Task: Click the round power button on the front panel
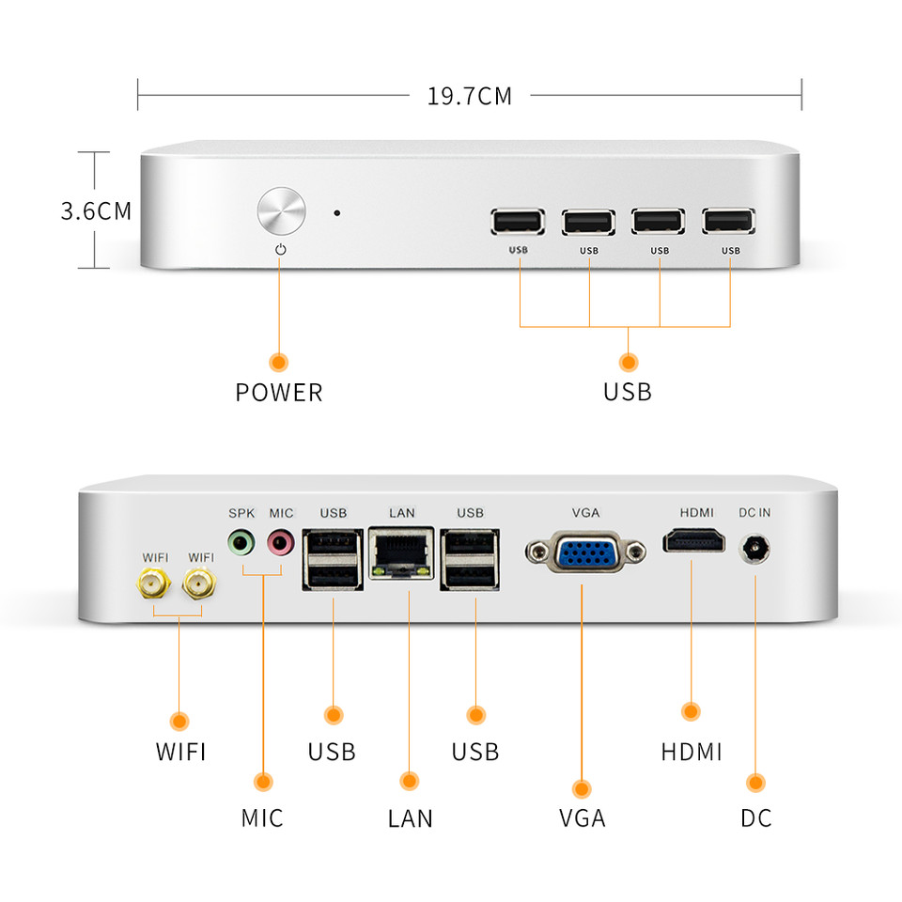pyautogui.click(x=281, y=210)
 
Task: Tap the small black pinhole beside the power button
pyautogui.click(x=337, y=213)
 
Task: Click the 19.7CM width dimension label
pyautogui.click(x=470, y=96)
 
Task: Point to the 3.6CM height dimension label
pyautogui.click(x=96, y=210)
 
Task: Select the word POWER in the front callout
pyautogui.click(x=279, y=393)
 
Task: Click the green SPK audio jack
pyautogui.click(x=241, y=542)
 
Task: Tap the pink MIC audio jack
pyautogui.click(x=281, y=542)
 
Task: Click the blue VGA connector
pyautogui.click(x=585, y=552)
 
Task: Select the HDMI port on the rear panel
pyautogui.click(x=693, y=541)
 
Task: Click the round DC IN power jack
pyautogui.click(x=754, y=549)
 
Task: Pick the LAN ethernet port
pyautogui.click(x=401, y=553)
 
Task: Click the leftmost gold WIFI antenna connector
pyautogui.click(x=153, y=583)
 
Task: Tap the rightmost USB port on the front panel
pyautogui.click(x=728, y=222)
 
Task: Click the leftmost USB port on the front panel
pyautogui.click(x=518, y=222)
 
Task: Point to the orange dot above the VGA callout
pyautogui.click(x=582, y=788)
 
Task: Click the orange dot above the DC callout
pyautogui.click(x=755, y=783)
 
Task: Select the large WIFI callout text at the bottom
pyautogui.click(x=180, y=752)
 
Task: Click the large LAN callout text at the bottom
pyautogui.click(x=410, y=818)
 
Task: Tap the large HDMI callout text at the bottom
pyautogui.click(x=691, y=752)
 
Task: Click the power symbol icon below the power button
pyautogui.click(x=281, y=250)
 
